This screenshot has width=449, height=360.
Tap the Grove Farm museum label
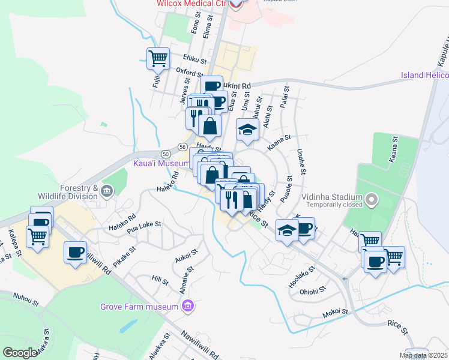point(140,307)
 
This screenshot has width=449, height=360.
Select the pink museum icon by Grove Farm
point(188,307)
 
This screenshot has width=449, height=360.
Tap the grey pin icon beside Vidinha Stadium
point(372,198)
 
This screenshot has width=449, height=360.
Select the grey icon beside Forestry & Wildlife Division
point(107,191)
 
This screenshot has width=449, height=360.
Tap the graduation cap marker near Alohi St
point(247,130)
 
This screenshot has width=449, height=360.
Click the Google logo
point(20,353)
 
